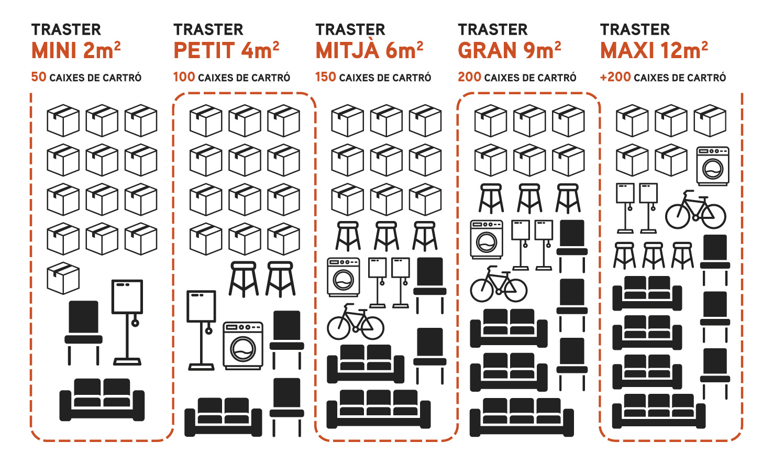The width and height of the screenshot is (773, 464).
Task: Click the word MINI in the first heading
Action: (x=54, y=50)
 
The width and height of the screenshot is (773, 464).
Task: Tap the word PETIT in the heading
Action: (x=204, y=50)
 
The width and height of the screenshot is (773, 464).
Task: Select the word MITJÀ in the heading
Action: (x=347, y=50)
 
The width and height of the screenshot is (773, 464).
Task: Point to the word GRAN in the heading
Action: (x=487, y=50)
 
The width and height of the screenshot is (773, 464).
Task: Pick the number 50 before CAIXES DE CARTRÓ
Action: (x=39, y=77)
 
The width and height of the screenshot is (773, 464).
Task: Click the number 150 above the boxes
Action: (x=325, y=77)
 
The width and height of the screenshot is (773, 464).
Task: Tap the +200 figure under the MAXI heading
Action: (x=616, y=77)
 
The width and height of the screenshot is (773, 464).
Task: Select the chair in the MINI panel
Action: (x=83, y=333)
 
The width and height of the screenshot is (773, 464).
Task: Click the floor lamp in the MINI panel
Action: (x=127, y=322)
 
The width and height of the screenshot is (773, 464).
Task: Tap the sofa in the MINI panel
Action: (x=102, y=400)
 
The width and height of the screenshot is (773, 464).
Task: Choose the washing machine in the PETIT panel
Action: (x=243, y=346)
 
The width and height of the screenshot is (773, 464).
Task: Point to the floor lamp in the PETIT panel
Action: (x=201, y=330)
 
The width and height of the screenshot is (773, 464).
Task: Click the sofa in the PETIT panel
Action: (x=223, y=417)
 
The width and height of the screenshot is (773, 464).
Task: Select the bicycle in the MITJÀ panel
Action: (x=356, y=322)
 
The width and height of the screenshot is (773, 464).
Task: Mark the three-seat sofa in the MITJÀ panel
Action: (x=379, y=409)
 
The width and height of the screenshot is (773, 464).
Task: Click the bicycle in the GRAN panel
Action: (x=499, y=284)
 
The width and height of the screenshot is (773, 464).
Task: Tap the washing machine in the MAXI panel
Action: (x=713, y=166)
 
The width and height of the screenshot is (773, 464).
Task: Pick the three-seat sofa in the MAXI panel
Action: (x=659, y=411)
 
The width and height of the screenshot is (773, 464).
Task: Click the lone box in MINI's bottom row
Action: (x=63, y=278)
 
